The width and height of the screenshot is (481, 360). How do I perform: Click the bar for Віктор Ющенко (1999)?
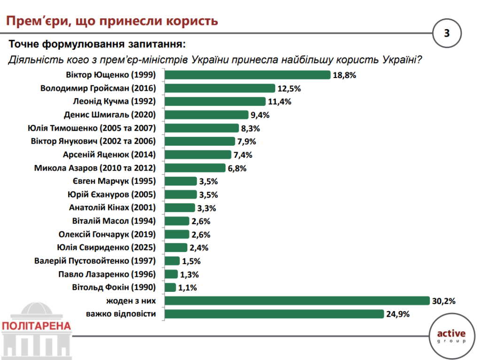point(248,75)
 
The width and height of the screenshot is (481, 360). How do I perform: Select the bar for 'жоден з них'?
point(297,301)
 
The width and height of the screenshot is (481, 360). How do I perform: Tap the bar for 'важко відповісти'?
point(274,314)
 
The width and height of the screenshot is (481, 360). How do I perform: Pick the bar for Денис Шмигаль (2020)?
point(207,115)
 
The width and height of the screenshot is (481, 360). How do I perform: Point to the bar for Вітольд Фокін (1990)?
point(171,287)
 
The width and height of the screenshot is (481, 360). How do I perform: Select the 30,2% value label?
point(444,301)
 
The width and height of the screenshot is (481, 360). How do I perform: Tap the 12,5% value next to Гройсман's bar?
point(289,88)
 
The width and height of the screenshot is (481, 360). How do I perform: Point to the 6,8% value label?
point(237,168)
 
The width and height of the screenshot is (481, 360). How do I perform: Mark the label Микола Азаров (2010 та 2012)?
point(95,168)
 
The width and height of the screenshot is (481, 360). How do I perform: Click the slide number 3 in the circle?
point(447,33)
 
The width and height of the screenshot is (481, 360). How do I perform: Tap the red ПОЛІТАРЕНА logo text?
point(36,326)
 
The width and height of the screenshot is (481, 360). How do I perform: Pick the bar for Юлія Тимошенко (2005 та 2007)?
point(202,128)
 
